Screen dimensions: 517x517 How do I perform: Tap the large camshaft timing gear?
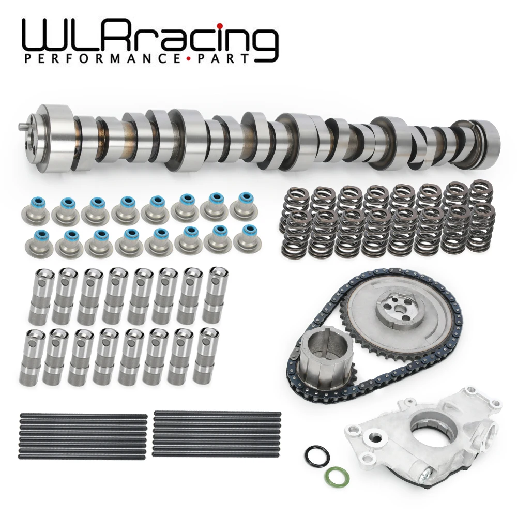[x=398, y=310]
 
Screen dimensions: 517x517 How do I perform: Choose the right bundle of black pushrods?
[x=217, y=435]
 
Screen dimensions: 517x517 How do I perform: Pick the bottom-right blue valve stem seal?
[x=246, y=237]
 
